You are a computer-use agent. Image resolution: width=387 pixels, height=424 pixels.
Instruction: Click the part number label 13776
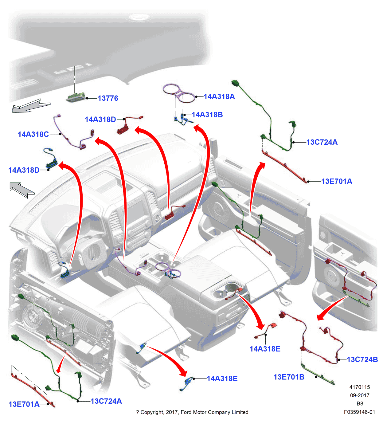[108, 98]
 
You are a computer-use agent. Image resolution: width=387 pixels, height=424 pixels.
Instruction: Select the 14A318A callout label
[219, 97]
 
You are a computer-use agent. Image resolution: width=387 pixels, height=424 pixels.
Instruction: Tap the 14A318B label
[207, 115]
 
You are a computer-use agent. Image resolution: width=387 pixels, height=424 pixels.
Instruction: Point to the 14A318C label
[33, 134]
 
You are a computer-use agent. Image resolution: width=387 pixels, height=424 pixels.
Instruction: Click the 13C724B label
[362, 359]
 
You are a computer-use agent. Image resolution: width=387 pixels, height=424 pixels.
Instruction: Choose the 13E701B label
[289, 377]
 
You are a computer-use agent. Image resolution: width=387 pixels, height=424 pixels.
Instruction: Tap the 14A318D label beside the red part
[100, 120]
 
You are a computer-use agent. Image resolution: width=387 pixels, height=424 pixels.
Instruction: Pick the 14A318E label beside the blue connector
[222, 379]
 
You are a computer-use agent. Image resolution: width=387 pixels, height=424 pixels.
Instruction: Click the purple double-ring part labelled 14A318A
[179, 92]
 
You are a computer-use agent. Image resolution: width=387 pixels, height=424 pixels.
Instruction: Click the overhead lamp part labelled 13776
[76, 98]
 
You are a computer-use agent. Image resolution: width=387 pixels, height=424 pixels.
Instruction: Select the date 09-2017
[360, 395]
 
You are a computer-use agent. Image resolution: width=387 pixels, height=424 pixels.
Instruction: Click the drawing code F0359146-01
[359, 412]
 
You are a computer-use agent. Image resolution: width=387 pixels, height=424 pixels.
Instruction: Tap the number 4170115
[360, 387]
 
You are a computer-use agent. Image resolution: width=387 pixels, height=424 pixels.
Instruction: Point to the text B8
[360, 404]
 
